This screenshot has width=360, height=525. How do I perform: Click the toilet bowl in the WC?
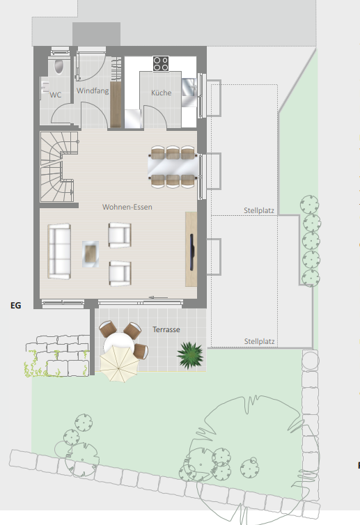click(58, 66)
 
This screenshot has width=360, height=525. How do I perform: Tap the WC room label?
click(56, 95)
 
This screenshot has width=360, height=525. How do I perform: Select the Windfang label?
click(93, 91)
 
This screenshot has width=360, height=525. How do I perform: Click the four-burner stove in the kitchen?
click(161, 63)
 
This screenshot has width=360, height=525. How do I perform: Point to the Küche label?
click(162, 93)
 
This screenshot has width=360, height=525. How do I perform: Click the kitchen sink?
click(189, 88)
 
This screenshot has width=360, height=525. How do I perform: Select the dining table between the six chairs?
click(173, 166)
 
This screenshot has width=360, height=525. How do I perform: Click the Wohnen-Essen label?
click(127, 207)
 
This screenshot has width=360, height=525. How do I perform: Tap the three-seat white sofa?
click(59, 251)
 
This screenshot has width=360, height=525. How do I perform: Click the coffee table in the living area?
click(91, 253)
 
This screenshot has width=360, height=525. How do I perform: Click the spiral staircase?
click(57, 166)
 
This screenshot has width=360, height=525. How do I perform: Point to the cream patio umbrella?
click(119, 363)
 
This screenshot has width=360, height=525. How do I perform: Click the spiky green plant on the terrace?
click(190, 355)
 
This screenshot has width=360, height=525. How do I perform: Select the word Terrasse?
click(166, 329)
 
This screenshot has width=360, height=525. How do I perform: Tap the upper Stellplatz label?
click(259, 210)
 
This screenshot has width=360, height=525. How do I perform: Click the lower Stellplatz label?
click(259, 341)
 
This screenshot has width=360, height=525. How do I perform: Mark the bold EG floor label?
click(16, 306)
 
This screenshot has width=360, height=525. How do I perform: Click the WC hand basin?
click(44, 88)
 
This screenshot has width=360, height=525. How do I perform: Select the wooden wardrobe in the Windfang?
click(116, 104)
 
